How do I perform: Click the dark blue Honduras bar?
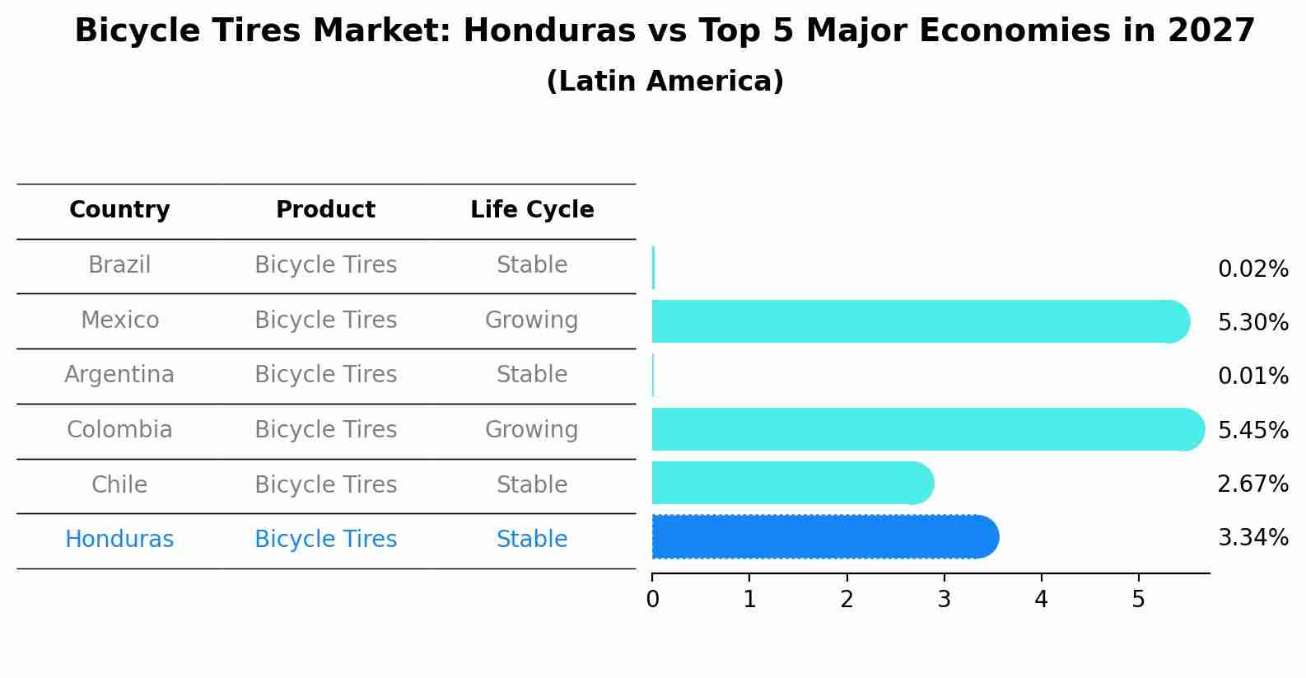tap(823, 537)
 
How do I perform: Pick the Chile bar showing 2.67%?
tap(791, 483)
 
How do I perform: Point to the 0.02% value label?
tap(1252, 269)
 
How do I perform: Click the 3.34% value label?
tap(1252, 538)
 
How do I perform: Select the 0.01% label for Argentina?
tap(1252, 376)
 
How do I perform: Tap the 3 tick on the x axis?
tap(944, 600)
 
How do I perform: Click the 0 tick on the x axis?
tap(652, 600)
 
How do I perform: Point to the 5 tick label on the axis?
tap(1138, 600)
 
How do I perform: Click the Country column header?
tap(119, 210)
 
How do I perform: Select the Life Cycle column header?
tap(532, 210)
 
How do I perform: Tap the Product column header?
tap(325, 210)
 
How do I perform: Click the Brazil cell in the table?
tap(119, 265)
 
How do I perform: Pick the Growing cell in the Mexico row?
tap(531, 320)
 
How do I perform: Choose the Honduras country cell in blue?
tap(119, 540)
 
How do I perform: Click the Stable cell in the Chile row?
tap(531, 484)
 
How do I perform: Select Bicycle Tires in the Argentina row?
tap(325, 375)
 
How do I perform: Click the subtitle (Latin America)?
tap(665, 82)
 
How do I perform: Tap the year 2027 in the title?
tap(1210, 31)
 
